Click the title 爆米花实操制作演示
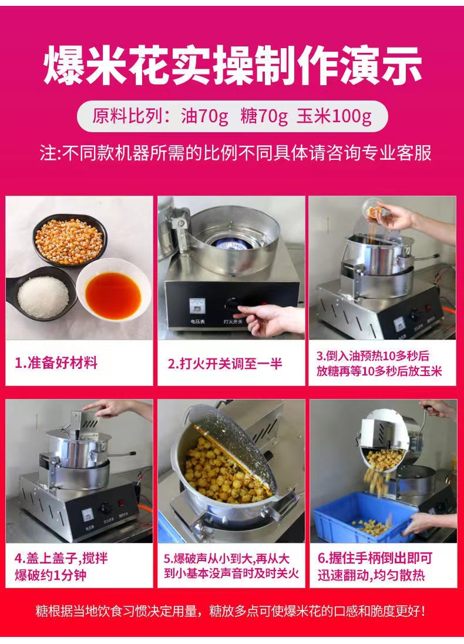[232, 66]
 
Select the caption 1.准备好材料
[56, 363]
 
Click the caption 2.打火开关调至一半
[224, 363]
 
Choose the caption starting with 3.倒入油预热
[379, 363]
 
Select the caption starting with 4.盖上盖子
[61, 566]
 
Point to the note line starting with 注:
[235, 153]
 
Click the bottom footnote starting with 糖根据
[231, 611]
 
